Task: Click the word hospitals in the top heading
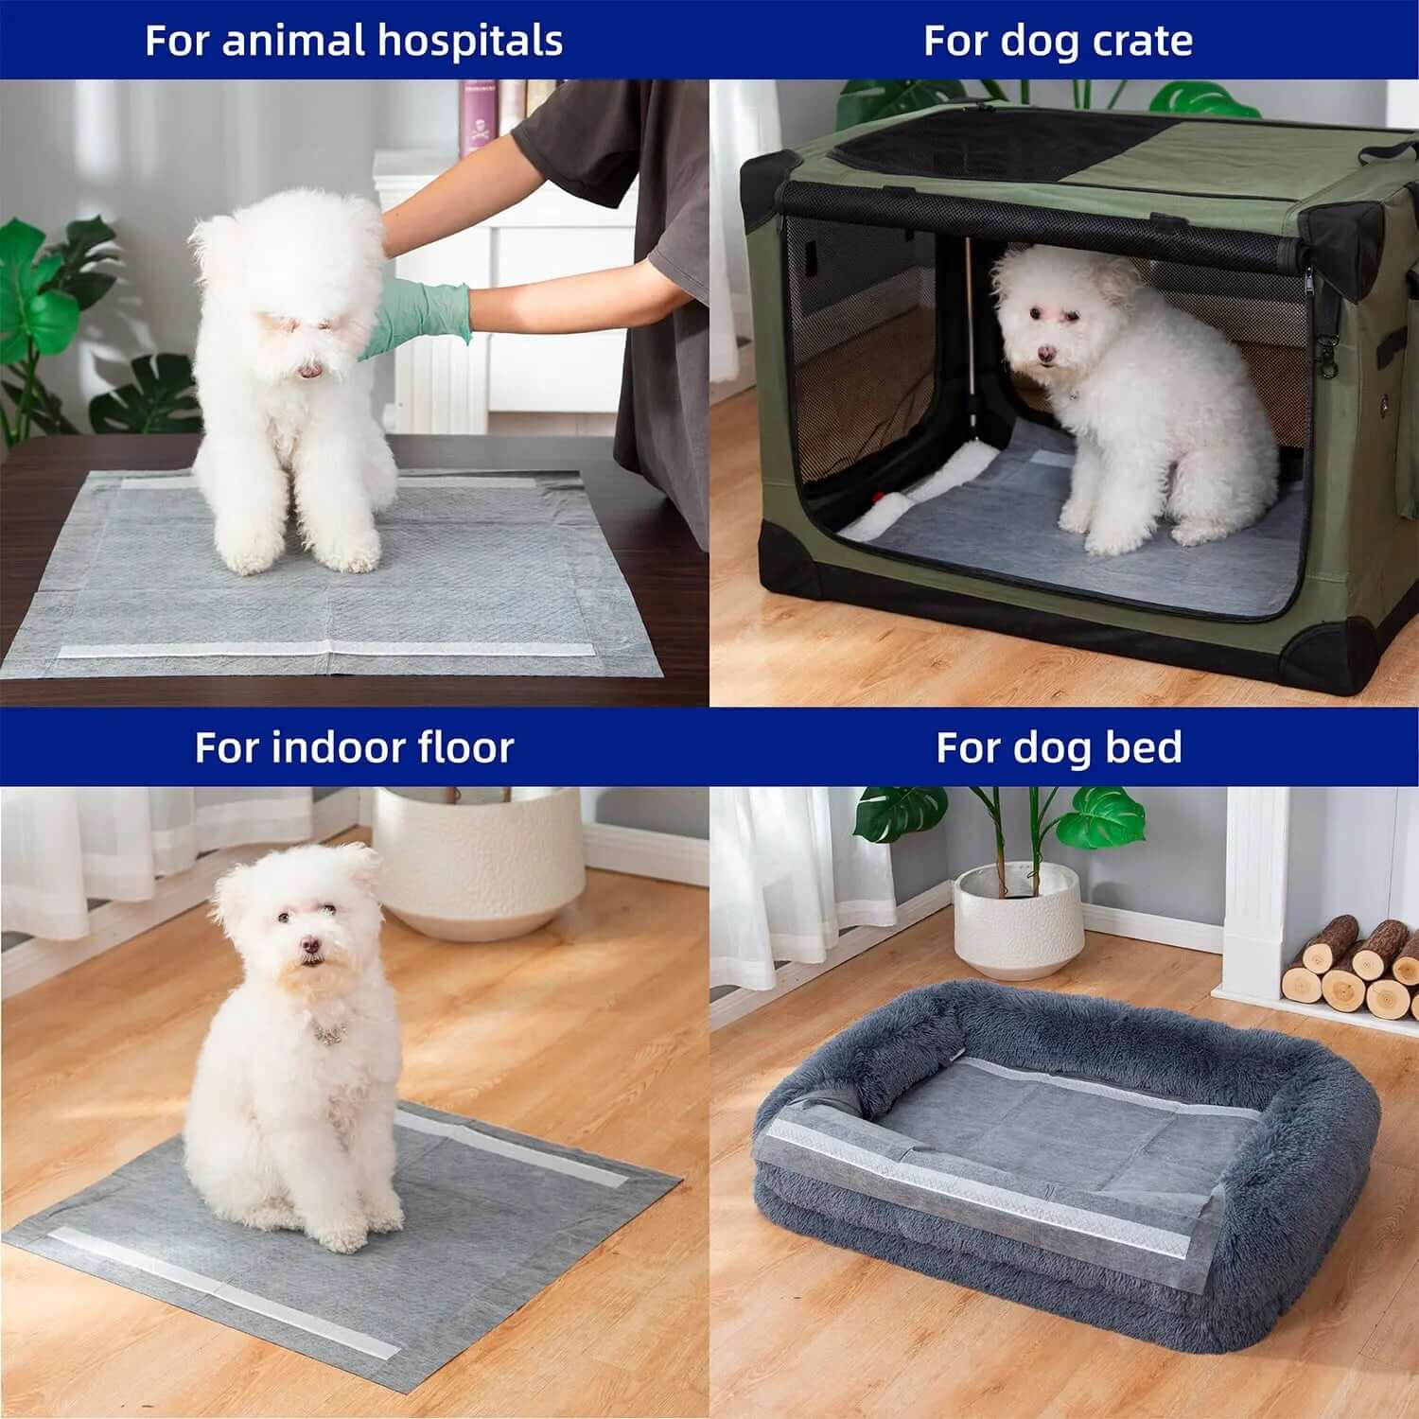469,41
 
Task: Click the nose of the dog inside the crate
1045,354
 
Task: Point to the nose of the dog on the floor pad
309,945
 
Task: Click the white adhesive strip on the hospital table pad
322,651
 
